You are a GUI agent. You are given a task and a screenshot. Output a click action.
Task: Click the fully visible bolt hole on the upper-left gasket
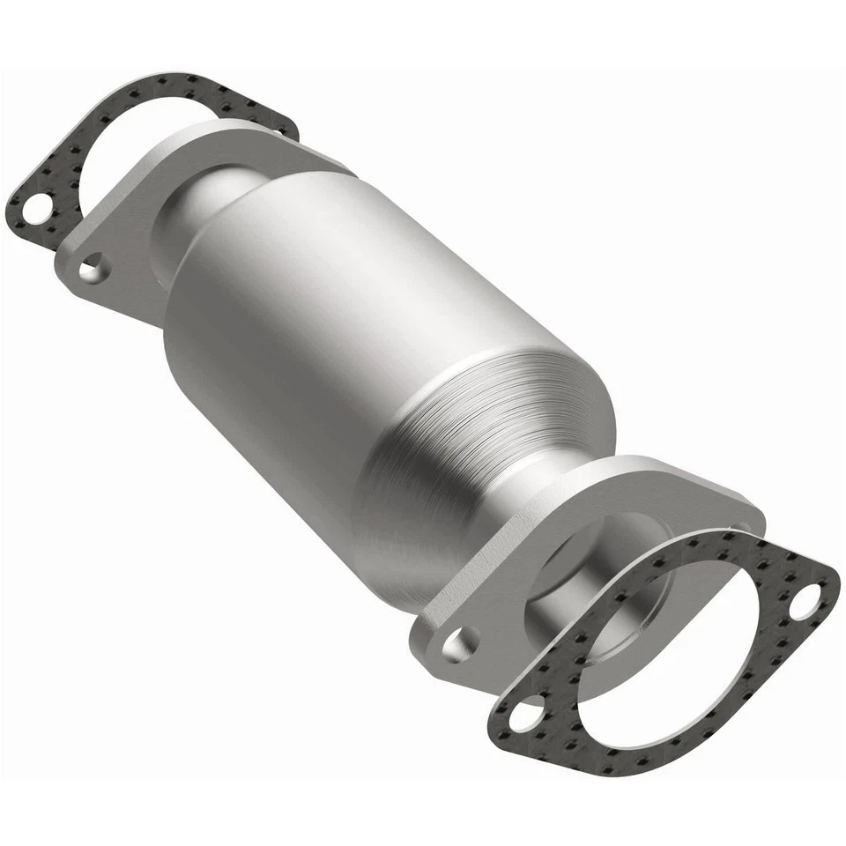[x=35, y=211]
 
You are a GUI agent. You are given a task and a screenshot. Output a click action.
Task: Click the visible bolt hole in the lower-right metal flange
[x=461, y=644]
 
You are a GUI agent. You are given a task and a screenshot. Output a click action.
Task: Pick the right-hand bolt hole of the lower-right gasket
[x=804, y=603]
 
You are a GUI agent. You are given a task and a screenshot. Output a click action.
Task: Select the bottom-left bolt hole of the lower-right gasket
[x=527, y=712]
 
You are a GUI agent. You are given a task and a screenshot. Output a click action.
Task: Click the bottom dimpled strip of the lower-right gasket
[x=634, y=749]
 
